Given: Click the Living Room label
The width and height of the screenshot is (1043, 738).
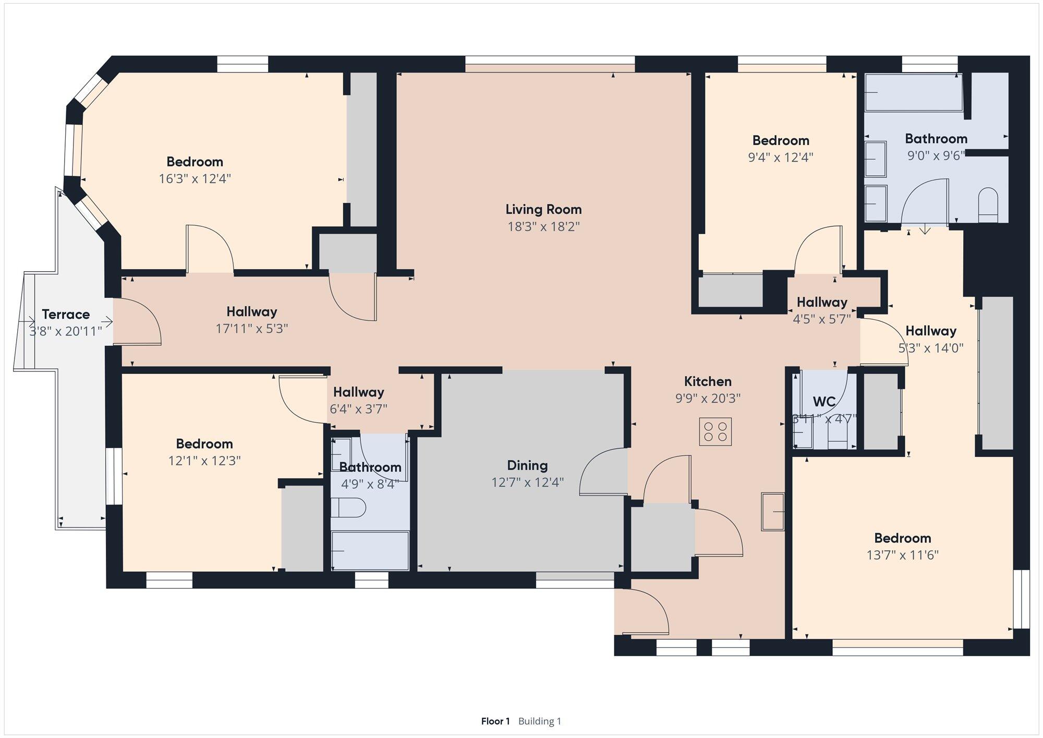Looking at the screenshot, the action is [x=543, y=210].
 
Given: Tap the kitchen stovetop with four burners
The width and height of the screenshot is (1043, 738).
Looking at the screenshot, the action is [x=715, y=432].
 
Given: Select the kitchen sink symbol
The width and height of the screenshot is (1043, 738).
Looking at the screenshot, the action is [x=773, y=512].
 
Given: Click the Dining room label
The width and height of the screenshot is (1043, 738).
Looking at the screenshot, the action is [x=527, y=465].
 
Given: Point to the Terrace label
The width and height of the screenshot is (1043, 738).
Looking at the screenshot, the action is [x=66, y=314].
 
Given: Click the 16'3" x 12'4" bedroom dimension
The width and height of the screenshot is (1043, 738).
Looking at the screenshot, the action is [x=195, y=179].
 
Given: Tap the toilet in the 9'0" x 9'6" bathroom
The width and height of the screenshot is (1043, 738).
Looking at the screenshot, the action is [x=988, y=205].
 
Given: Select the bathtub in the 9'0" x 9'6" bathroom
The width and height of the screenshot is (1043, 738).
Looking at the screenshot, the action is [x=914, y=92].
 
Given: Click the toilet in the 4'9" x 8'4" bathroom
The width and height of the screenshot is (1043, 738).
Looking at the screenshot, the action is [x=348, y=507].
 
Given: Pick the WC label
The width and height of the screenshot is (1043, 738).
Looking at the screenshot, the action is [x=824, y=402].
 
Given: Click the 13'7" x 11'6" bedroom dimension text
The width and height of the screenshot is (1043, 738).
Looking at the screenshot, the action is [x=903, y=555].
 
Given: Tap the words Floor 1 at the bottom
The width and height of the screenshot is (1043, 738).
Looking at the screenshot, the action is [x=495, y=721].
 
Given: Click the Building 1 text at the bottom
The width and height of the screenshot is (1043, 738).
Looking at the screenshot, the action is [x=540, y=721].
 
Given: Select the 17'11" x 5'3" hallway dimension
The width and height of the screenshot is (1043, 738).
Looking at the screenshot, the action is [x=252, y=329].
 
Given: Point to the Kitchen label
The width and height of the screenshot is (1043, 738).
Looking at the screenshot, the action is [x=708, y=381].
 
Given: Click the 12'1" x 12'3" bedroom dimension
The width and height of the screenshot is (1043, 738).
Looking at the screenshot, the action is [x=204, y=461].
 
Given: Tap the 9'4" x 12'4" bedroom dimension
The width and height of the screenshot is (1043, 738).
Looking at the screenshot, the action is [x=781, y=158].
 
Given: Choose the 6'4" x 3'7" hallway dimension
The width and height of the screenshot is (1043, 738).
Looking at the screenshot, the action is [x=359, y=409].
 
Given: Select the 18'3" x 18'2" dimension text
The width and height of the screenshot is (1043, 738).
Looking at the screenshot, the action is [x=544, y=227].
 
